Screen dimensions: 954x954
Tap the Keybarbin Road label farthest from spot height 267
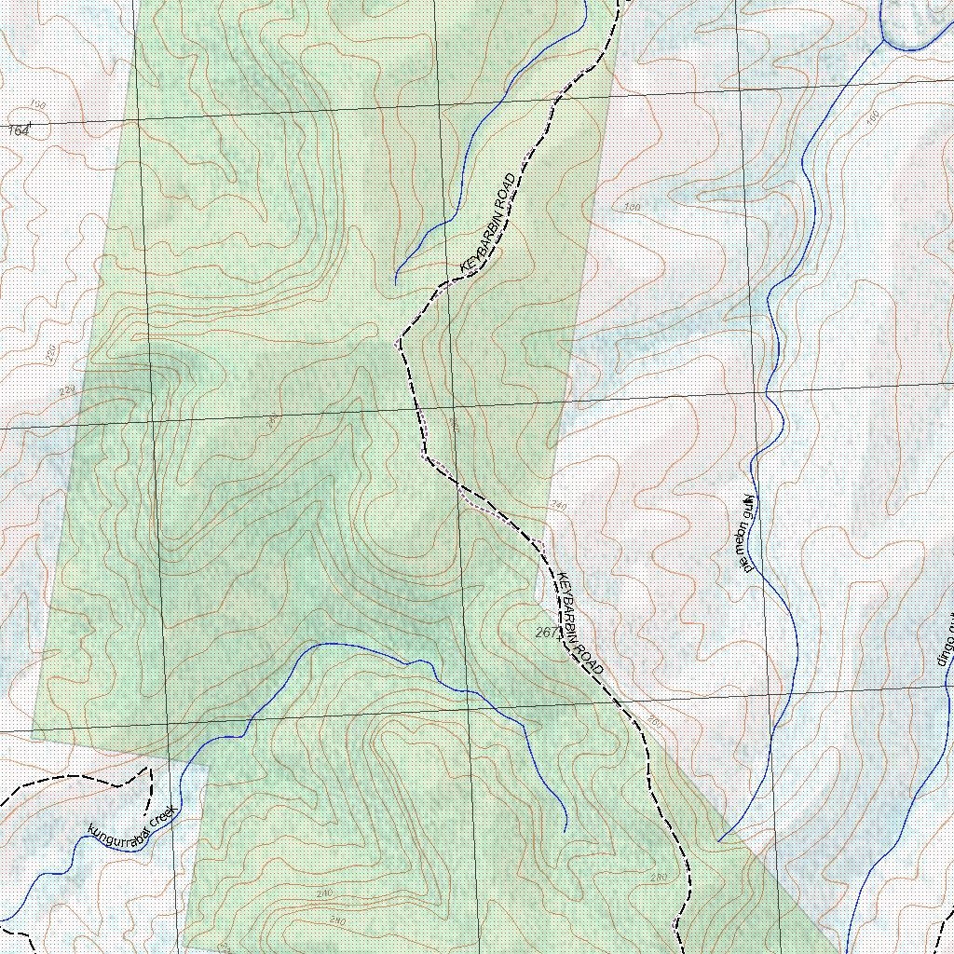(x=488, y=224)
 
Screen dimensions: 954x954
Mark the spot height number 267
(x=547, y=633)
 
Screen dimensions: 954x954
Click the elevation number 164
(x=18, y=130)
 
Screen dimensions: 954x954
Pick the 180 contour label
(x=633, y=207)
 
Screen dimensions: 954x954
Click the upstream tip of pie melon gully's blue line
(x=719, y=840)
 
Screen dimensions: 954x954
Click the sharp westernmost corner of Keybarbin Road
(x=398, y=342)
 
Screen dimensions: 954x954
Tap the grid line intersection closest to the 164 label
(x=137, y=121)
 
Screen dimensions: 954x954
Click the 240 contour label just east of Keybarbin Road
(x=558, y=506)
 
